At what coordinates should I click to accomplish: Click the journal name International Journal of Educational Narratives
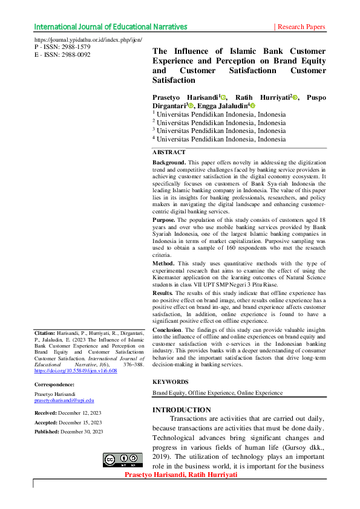[x=111, y=27]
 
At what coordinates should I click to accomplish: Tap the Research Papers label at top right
[x=301, y=27]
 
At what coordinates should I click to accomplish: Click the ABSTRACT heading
[x=169, y=152]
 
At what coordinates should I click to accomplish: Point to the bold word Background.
[x=169, y=163]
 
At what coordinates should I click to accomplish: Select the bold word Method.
[x=163, y=264]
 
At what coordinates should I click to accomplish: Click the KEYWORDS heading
[x=171, y=382]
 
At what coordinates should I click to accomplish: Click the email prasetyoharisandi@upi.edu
[x=64, y=401]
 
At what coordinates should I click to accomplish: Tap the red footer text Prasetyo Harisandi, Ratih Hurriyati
[x=180, y=475]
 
